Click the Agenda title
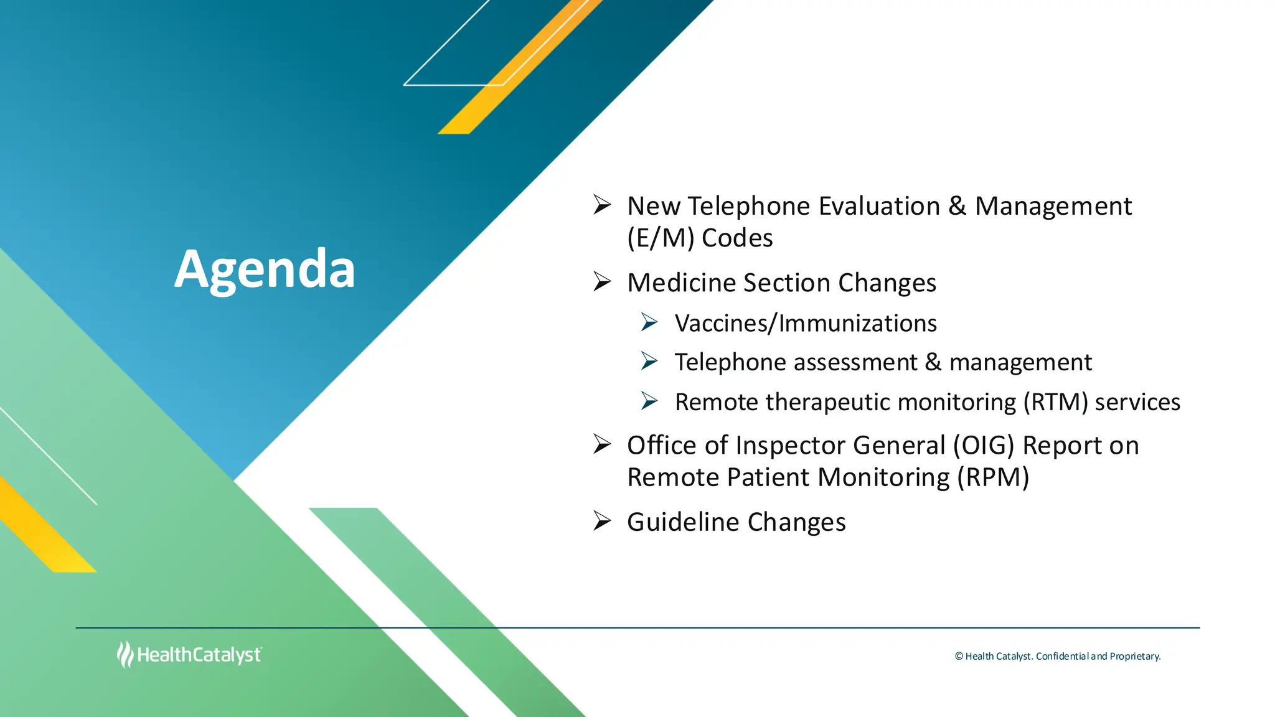click(265, 269)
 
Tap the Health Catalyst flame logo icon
click(125, 655)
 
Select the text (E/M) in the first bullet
click(661, 238)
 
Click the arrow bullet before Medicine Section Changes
click(602, 282)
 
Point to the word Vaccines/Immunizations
click(806, 323)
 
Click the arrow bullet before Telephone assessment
click(649, 361)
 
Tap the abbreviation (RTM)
click(1056, 402)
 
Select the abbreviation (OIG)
click(984, 446)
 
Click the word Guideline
click(683, 522)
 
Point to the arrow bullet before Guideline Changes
click(602, 520)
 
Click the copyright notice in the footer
click(1057, 656)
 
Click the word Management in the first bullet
click(1053, 206)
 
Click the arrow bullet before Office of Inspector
click(602, 444)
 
